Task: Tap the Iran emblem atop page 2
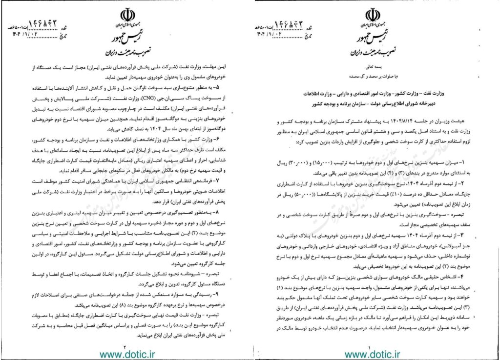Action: point(126,13)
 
